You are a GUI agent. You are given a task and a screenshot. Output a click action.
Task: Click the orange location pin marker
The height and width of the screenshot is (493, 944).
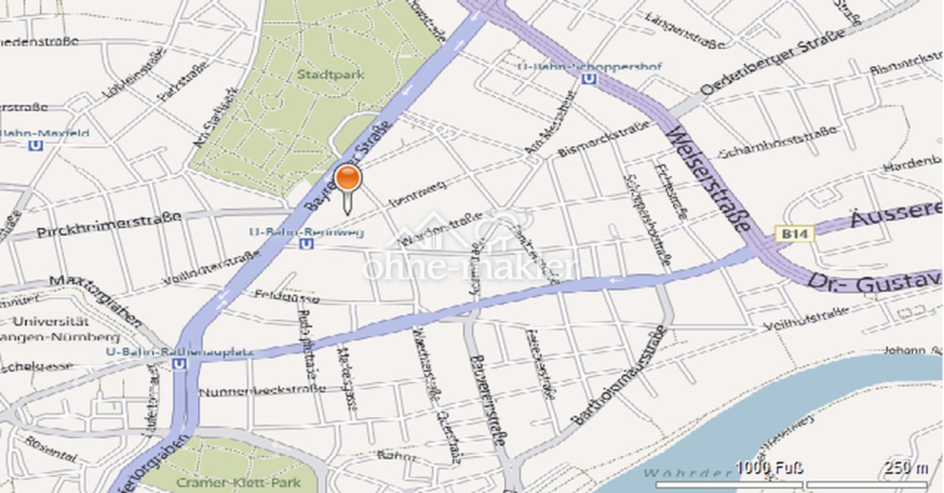tap(348, 179)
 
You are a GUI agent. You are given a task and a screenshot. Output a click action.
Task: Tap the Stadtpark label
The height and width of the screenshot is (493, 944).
tap(330, 75)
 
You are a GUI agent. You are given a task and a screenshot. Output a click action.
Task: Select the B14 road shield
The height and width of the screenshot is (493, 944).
tap(794, 234)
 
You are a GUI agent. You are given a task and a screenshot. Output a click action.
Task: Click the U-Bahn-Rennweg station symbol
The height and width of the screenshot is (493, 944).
tap(307, 244)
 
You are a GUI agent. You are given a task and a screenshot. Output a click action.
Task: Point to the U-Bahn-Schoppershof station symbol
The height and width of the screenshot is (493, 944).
tap(589, 78)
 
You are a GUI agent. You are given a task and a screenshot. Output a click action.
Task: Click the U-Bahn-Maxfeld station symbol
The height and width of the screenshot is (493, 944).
tap(36, 144)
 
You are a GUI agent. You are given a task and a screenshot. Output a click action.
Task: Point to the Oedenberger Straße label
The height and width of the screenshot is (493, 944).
tap(774, 62)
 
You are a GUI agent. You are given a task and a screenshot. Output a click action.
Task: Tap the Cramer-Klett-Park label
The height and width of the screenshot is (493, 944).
tap(239, 483)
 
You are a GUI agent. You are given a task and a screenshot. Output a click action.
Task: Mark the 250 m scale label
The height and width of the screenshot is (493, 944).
tap(906, 467)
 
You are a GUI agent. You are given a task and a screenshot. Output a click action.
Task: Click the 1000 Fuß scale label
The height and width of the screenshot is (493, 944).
tap(770, 467)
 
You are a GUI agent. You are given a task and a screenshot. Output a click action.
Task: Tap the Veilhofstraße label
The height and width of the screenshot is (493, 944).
tap(805, 319)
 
